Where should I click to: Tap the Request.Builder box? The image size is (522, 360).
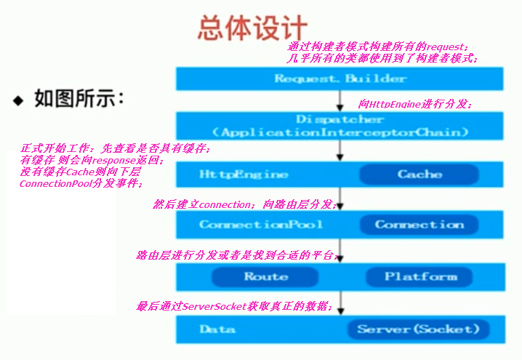[x=340, y=79]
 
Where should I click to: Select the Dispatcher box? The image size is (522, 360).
[x=340, y=125]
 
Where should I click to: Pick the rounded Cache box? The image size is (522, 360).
[x=419, y=175]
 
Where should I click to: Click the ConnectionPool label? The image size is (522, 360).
[x=261, y=224]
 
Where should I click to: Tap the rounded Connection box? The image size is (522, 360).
[x=419, y=224]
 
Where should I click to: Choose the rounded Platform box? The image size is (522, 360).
[x=421, y=276]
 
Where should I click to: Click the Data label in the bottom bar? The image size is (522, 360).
[x=217, y=329]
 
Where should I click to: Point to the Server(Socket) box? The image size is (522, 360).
[x=418, y=329]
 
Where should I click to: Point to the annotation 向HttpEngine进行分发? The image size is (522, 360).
[x=415, y=105]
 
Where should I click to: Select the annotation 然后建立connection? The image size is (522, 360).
[x=244, y=205]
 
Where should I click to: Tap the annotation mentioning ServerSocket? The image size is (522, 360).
[x=235, y=306]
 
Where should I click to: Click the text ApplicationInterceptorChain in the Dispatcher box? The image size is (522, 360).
[x=340, y=133]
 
